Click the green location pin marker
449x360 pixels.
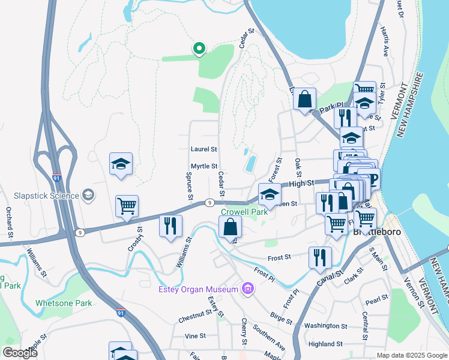coord(199,48)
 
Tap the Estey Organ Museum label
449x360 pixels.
coord(199,290)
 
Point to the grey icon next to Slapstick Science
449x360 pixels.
coord(88,195)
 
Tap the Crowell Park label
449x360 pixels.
coord(244,212)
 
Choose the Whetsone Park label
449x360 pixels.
coord(64,303)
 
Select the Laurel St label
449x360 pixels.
coord(203,149)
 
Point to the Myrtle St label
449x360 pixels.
coord(203,166)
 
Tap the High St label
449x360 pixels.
coord(301,185)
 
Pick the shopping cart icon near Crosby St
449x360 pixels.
coord(127,206)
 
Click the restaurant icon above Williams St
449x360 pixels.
coord(170,226)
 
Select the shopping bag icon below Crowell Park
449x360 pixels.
coord(230,227)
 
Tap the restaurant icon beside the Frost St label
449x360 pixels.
coord(320,257)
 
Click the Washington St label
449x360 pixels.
coord(326,326)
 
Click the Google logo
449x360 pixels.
coord(20,353)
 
